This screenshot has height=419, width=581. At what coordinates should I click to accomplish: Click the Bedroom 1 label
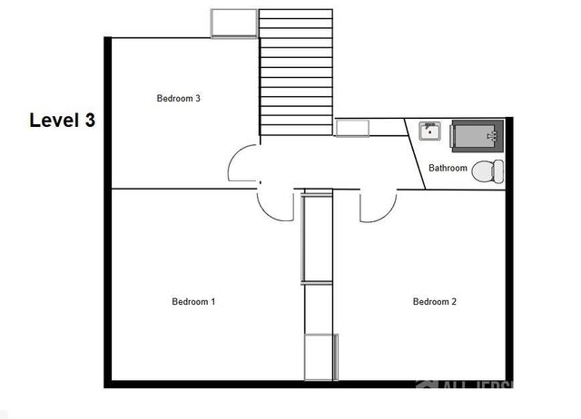click(x=192, y=302)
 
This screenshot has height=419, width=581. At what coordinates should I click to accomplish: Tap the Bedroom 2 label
click(x=434, y=302)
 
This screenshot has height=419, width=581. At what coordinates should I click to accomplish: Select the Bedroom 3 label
click(x=178, y=99)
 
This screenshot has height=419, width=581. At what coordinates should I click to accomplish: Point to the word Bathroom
click(x=448, y=168)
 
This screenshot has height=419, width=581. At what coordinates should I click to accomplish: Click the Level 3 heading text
click(x=62, y=120)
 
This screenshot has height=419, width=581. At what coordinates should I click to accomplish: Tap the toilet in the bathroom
click(x=490, y=170)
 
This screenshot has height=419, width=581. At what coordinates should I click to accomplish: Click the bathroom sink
click(x=429, y=132)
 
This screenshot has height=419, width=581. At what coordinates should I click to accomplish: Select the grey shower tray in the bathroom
click(x=477, y=136)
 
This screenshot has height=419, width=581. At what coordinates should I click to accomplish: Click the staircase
click(x=295, y=73)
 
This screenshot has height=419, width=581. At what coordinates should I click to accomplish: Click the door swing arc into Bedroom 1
click(x=274, y=205)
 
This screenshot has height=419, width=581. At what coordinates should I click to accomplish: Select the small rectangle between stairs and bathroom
click(x=352, y=128)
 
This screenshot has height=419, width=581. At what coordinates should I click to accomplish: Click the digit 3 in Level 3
click(x=89, y=120)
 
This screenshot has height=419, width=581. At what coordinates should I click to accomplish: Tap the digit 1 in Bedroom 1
click(x=212, y=302)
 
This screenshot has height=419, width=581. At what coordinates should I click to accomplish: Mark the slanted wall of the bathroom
click(x=415, y=154)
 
